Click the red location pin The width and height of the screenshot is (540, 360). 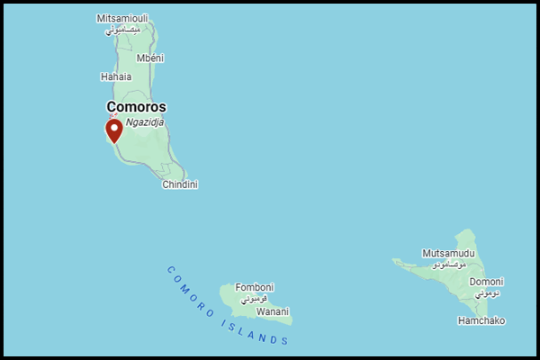tap(113, 131)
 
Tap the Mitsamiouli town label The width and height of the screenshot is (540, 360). tap(122, 18)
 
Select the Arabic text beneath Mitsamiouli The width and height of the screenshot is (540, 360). tap(122, 30)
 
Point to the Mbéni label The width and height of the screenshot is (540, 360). tap(149, 58)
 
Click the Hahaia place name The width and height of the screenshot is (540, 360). tap(116, 76)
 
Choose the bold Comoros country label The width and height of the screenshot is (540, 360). tap(136, 106)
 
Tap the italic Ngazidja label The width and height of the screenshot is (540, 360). tap(145, 121)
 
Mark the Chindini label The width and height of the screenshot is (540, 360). tap(180, 184)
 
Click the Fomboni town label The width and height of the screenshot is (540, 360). tap(255, 287)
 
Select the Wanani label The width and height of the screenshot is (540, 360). tap(273, 311)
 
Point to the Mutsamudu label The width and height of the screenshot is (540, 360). tap(447, 254)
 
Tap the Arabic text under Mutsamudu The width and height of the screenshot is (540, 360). tap(449, 265)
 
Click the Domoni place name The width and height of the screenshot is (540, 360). tap(487, 282)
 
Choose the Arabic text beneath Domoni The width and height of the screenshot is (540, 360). tap(487, 293)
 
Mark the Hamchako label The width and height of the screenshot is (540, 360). tap(481, 320)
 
